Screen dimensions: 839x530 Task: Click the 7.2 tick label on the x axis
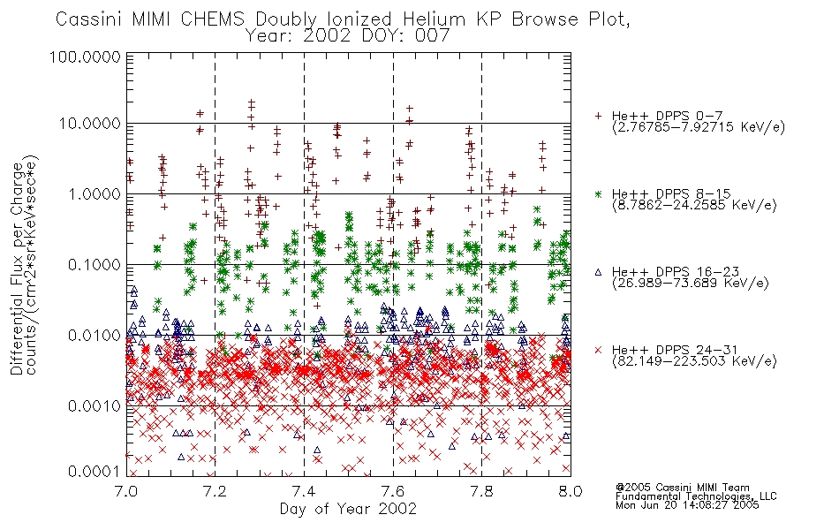coord(215,491)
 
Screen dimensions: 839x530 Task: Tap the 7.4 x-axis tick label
coord(304,491)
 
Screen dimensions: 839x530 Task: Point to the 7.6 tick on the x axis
coord(393,491)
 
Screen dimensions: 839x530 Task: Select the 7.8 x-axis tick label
coord(481,491)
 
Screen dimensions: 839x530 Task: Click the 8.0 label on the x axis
coord(571,491)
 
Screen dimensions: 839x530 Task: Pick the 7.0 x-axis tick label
coord(126,491)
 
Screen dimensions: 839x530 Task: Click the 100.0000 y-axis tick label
coord(85,57)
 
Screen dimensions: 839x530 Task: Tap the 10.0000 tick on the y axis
coord(89,124)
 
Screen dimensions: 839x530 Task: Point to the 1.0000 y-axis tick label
coord(94,193)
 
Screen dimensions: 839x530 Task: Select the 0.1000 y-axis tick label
coord(94,264)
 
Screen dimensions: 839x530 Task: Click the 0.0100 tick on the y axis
coord(94,336)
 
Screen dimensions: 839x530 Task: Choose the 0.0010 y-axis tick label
coord(94,406)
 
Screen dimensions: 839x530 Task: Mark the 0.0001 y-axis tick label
coord(94,472)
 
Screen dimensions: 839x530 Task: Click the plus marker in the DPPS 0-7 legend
coord(598,116)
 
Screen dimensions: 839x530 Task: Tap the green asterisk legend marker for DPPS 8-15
coord(598,193)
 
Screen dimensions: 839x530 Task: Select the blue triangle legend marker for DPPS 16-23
coord(598,272)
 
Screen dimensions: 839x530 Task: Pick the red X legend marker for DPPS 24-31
coord(598,350)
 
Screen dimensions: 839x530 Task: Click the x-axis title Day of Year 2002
coord(348,509)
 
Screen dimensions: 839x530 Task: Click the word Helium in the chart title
coord(434,19)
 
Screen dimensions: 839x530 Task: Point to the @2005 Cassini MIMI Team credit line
coord(683,488)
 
